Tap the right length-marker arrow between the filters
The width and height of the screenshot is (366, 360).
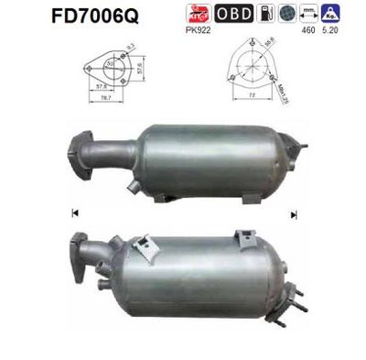[294, 214]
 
